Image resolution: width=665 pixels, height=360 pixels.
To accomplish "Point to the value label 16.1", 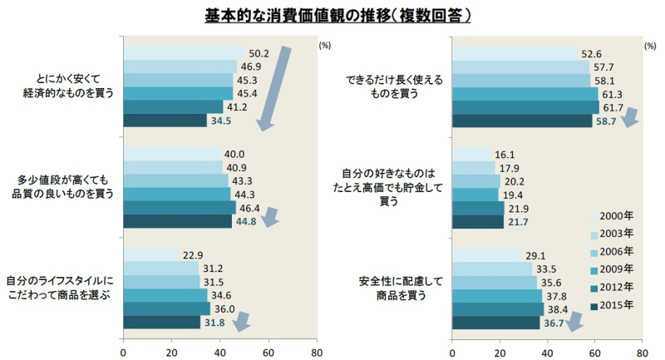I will click(505, 155).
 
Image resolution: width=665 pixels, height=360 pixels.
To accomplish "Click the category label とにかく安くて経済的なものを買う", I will click(71, 86).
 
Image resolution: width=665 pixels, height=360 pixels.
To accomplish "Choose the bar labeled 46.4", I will click(179, 208).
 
